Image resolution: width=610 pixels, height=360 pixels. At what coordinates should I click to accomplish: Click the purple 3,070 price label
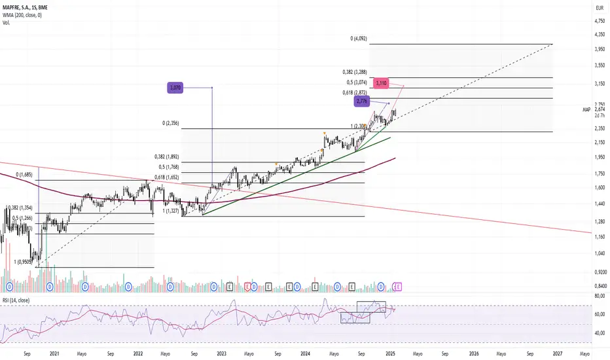pyautogui.click(x=173, y=87)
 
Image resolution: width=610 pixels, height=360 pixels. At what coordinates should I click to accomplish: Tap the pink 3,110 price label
pyautogui.click(x=382, y=83)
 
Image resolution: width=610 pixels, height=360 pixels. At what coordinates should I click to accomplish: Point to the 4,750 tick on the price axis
pyautogui.click(x=599, y=21)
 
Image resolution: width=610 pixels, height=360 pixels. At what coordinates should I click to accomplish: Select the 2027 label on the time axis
pyautogui.click(x=558, y=353)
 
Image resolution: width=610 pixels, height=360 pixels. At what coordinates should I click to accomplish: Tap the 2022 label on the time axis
pyautogui.click(x=138, y=353)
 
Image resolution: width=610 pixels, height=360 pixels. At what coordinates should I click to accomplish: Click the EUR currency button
pyautogui.click(x=598, y=8)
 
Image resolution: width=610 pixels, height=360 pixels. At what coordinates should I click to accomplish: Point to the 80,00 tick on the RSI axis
pyautogui.click(x=598, y=296)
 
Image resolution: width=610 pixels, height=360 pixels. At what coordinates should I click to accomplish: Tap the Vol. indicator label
pyautogui.click(x=7, y=23)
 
